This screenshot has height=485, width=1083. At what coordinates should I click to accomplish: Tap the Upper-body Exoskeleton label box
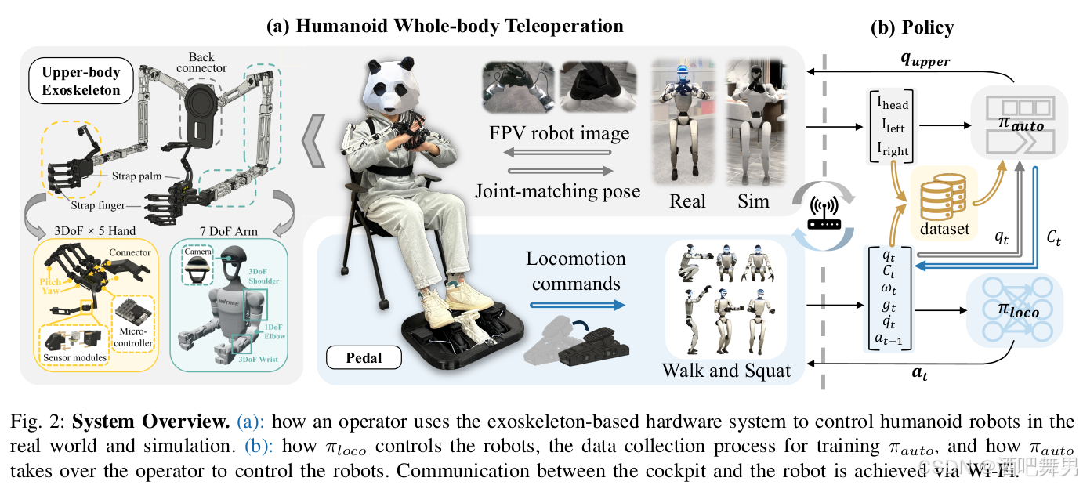coord(81,81)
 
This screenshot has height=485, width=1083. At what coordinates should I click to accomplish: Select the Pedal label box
coord(364,357)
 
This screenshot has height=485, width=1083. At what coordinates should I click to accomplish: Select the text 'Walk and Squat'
coord(726,370)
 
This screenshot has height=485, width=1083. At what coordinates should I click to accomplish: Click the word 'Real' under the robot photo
coord(687,201)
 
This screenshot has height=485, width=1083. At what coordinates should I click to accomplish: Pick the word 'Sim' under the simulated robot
coord(753,201)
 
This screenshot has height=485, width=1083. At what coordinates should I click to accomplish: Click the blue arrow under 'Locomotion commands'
coord(576,306)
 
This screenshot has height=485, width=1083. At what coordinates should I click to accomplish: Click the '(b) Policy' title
coord(912,27)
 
